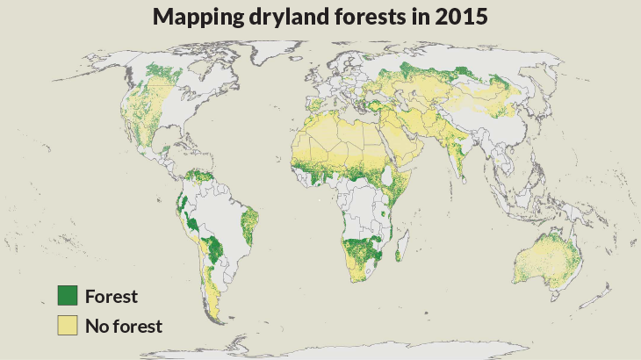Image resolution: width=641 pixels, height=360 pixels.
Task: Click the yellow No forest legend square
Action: point(68,326)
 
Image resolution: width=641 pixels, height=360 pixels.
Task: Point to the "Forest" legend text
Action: point(112,296)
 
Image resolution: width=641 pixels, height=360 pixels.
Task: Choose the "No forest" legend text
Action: point(124,326)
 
